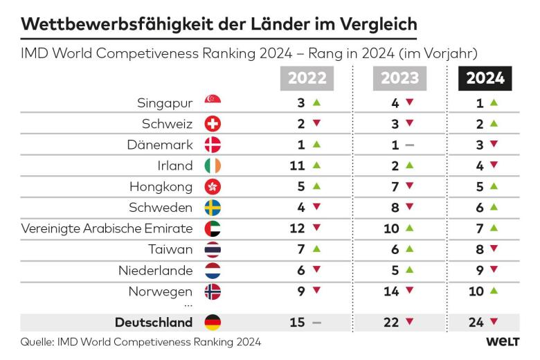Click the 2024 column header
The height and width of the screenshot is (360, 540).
point(484,78)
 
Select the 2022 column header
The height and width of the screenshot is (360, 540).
point(307,78)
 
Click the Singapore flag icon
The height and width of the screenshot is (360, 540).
point(213,102)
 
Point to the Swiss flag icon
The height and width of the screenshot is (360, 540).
point(213,124)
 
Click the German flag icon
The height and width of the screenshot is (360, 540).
point(213,323)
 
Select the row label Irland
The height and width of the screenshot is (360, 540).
point(175,165)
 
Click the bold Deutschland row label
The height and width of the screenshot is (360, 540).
point(154,323)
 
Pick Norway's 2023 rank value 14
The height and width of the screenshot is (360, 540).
point(391,291)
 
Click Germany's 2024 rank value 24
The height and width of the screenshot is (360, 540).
point(476,323)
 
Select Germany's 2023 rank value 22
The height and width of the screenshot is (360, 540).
point(391,323)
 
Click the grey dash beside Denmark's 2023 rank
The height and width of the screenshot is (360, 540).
point(409,145)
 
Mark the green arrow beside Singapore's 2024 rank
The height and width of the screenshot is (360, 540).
point(494,102)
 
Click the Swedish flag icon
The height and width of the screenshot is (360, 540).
point(213,208)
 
